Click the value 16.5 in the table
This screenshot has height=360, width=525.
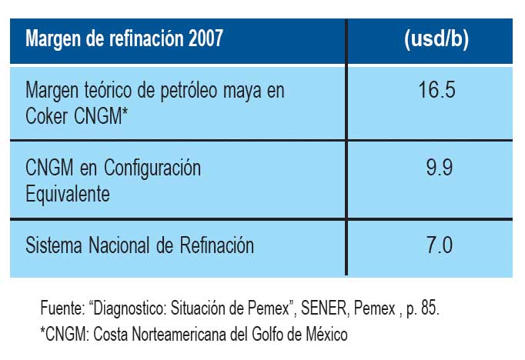tap(437, 90)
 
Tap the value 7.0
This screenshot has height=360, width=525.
tap(437, 246)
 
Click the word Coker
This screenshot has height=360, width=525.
tap(48, 114)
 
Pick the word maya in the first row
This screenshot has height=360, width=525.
tap(244, 91)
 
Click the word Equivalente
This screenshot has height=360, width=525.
tap(68, 192)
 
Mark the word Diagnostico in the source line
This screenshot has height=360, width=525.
tap(132, 309)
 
